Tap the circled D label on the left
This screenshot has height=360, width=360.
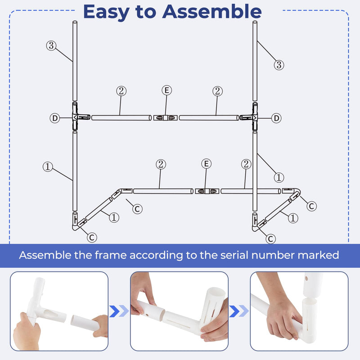[54, 118]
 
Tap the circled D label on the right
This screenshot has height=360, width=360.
[276, 118]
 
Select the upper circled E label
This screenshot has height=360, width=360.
[166, 90]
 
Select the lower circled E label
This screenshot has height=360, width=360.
[206, 164]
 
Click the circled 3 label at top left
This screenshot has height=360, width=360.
[51, 45]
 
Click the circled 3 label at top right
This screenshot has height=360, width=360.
[279, 65]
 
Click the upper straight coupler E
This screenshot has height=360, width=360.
[164, 117]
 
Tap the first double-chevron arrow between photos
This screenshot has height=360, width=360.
[119, 310]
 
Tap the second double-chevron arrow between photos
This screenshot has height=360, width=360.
[239, 310]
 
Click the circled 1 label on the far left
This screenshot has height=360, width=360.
[48, 166]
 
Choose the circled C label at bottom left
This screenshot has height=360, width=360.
[92, 237]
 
